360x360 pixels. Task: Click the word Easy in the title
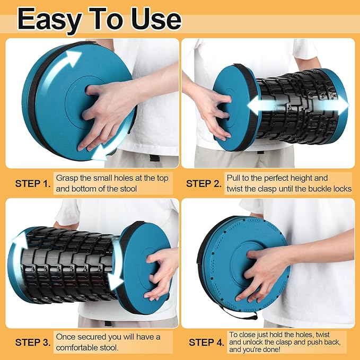point(49,20)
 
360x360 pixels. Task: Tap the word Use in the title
point(156,19)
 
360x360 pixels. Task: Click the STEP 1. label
point(33,183)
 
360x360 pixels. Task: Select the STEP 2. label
point(204,183)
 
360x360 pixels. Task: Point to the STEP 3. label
point(33,343)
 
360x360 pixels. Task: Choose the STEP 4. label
point(206,343)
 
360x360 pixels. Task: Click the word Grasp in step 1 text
point(66,178)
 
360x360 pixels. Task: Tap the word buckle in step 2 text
point(320,189)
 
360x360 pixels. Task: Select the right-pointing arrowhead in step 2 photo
point(341,106)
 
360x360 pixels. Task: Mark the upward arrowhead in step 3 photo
point(20,239)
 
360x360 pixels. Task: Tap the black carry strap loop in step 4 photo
point(239,313)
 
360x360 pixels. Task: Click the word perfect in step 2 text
point(278,178)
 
